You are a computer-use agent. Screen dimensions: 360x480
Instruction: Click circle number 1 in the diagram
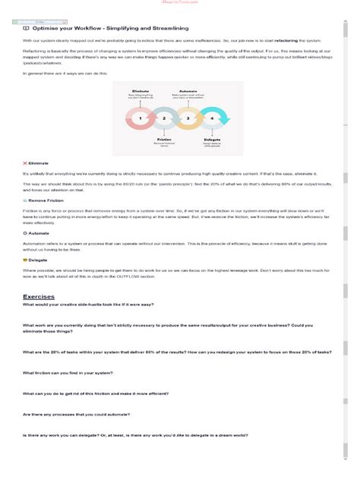140,118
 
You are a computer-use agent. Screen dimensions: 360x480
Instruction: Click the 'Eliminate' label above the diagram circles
140,90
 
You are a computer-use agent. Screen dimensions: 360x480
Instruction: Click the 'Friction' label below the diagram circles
165,140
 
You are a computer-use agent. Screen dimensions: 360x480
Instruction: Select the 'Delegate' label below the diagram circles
212,140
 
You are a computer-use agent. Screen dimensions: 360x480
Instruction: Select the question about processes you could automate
76,414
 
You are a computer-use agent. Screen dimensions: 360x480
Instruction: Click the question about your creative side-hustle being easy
87,304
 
